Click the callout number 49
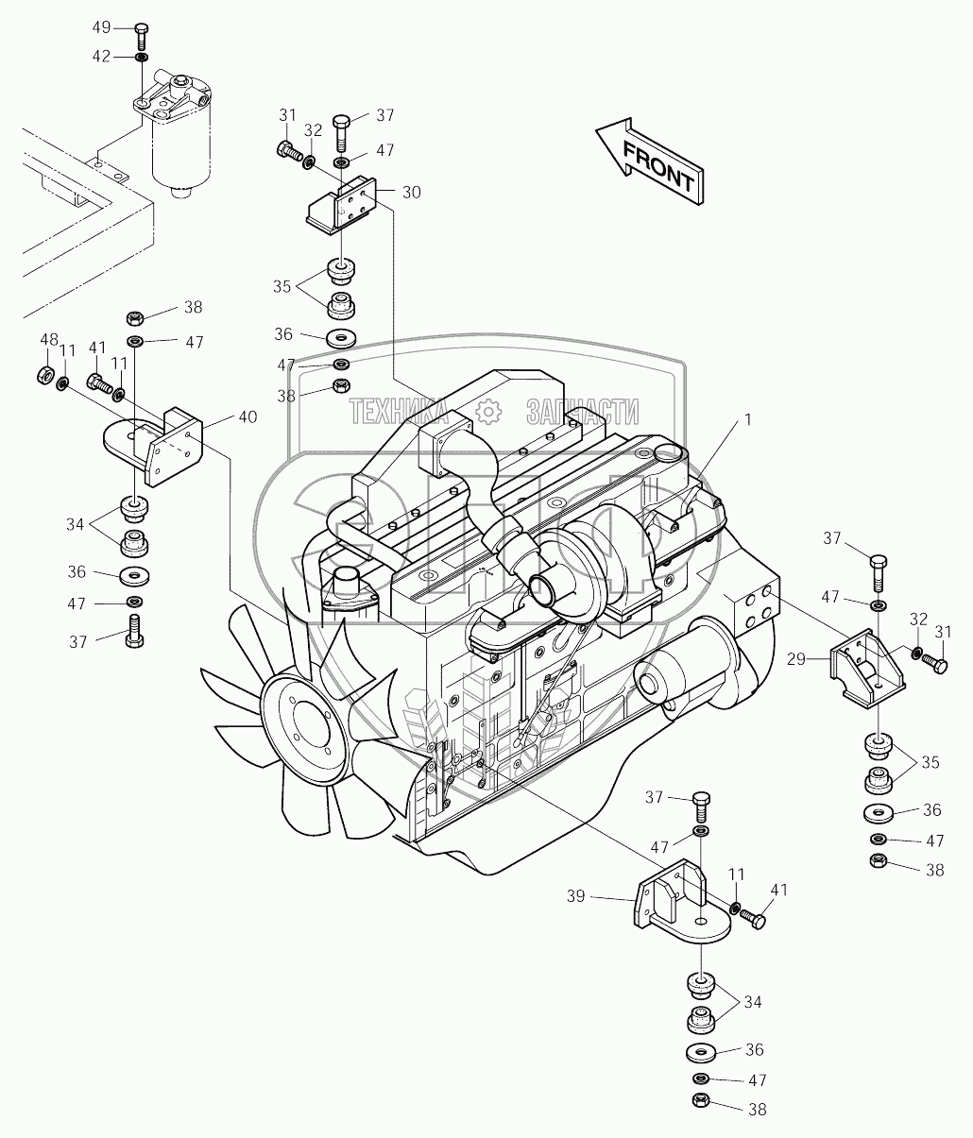click(102, 26)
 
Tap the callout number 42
click(102, 57)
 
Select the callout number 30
click(411, 192)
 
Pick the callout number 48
click(49, 340)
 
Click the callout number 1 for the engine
click(747, 420)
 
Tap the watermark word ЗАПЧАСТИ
click(581, 411)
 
